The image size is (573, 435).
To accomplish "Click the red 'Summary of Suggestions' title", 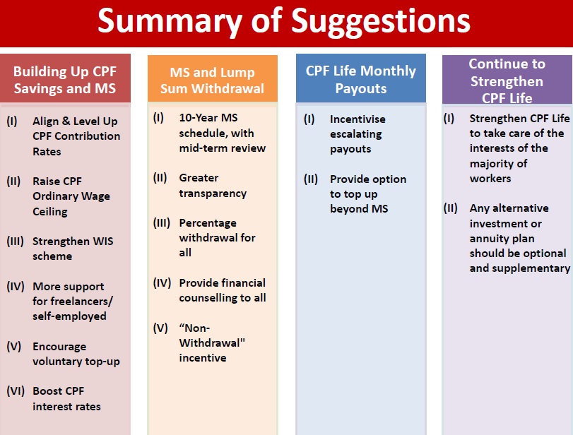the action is (283, 21).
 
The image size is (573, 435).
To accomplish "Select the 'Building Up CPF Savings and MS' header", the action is (65, 80).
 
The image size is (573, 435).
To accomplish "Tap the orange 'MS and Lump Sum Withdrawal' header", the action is (213, 81).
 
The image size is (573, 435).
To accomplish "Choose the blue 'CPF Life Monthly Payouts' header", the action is (360, 79).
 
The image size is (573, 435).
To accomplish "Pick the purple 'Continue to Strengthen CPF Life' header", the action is (507, 81).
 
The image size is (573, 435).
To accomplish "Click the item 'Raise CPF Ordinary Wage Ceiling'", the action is (71, 196).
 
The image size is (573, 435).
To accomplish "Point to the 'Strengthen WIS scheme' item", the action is (73, 249).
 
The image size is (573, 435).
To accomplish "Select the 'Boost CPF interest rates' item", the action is (66, 398).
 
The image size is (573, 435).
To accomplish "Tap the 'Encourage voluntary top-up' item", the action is (76, 354).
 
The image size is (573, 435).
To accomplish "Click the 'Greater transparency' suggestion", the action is (213, 185).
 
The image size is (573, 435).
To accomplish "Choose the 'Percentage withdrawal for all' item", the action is (217, 237).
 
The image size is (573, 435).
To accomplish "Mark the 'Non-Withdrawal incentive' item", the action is (212, 342).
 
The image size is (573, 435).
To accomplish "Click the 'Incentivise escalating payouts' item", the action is (358, 133).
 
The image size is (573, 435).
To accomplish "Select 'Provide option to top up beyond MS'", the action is (368, 193).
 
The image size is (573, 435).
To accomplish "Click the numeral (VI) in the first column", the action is (16, 391).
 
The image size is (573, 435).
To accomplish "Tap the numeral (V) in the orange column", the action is (160, 328).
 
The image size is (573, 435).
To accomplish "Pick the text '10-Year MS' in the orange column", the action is (208, 118).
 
